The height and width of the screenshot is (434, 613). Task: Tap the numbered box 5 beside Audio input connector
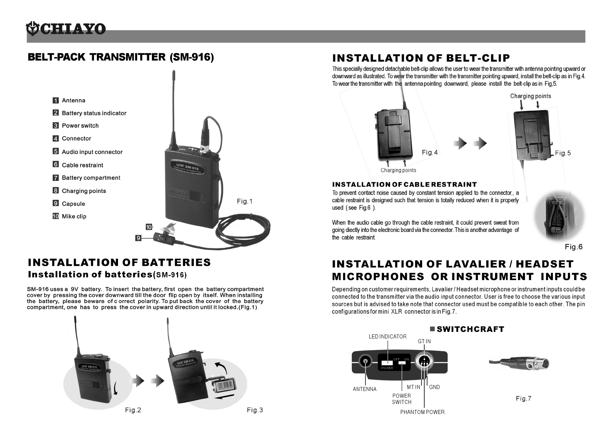tap(56, 151)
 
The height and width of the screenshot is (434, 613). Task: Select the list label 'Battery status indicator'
tap(94, 113)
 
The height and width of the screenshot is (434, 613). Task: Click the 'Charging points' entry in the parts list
tap(84, 191)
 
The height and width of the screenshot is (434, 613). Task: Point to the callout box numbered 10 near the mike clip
tap(149, 227)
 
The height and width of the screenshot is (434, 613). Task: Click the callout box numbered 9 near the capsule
tap(138, 238)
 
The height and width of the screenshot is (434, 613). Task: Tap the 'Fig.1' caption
tap(244, 201)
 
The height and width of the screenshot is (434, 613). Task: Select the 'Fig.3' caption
tap(255, 410)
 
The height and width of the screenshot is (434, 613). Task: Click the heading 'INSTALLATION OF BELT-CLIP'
tap(421, 58)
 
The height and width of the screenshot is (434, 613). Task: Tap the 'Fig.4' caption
tap(430, 152)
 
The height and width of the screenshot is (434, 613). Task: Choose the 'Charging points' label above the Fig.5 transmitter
tap(530, 96)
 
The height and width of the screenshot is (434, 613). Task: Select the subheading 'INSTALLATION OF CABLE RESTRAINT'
tap(404, 185)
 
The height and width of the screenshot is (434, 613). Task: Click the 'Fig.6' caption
tap(574, 247)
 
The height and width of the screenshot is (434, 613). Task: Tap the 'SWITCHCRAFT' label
tap(470, 329)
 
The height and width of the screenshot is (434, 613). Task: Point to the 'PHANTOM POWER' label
tap(422, 412)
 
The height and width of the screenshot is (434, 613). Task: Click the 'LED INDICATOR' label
tap(388, 337)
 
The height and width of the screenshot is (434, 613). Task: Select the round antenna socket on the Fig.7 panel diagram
tap(365, 362)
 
